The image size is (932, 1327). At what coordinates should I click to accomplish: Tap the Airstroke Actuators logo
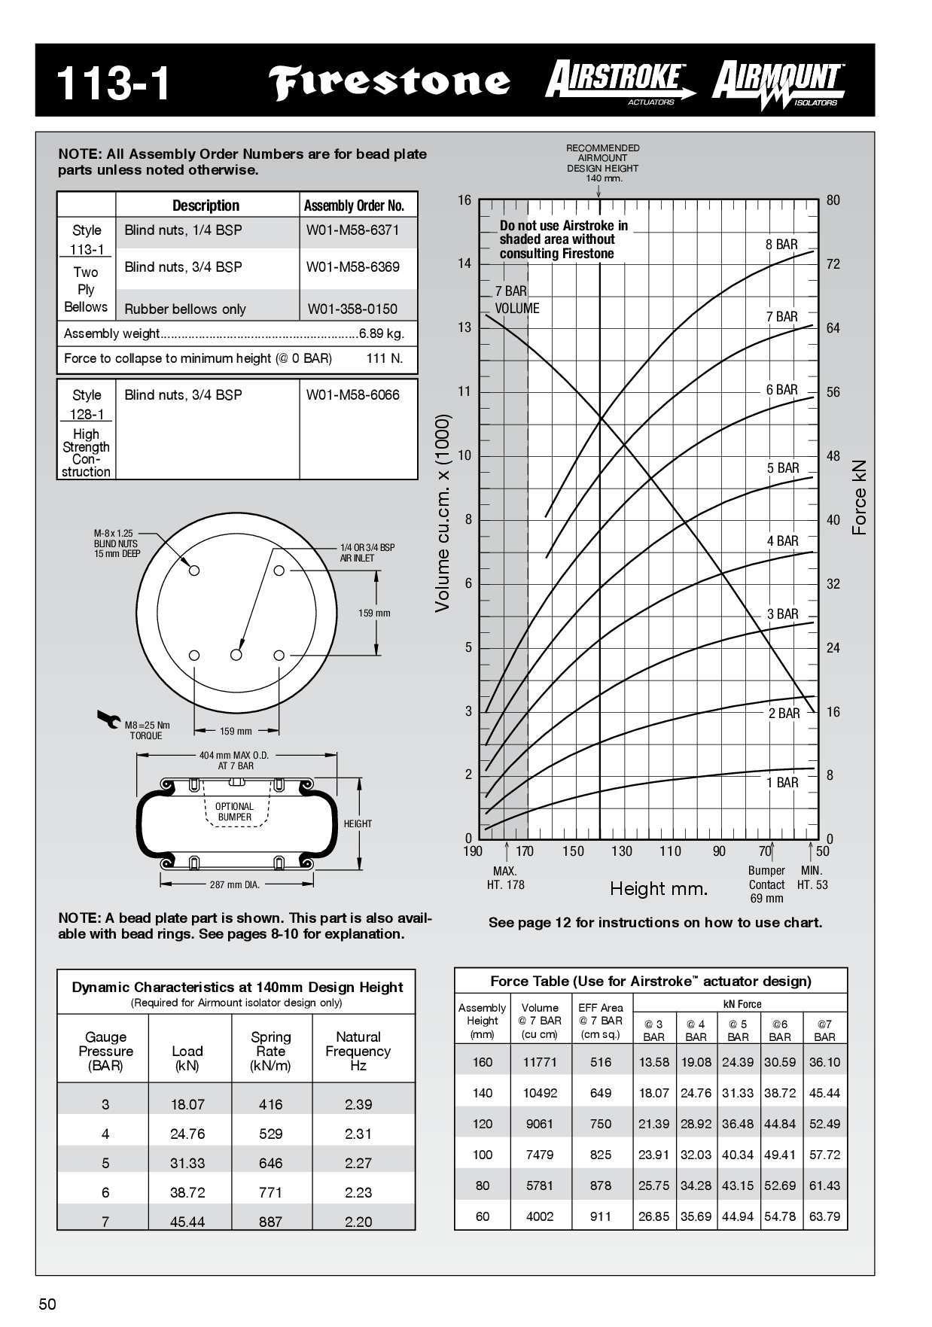click(x=620, y=81)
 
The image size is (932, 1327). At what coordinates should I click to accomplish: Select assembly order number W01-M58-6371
click(x=352, y=230)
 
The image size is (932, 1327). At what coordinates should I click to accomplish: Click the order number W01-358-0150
click(x=352, y=309)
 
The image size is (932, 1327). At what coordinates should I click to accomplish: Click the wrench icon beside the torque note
click(x=108, y=718)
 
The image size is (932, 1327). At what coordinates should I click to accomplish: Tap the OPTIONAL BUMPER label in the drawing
click(x=234, y=811)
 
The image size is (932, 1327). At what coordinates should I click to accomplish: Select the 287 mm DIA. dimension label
click(x=234, y=884)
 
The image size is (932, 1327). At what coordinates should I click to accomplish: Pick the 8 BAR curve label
click(x=781, y=245)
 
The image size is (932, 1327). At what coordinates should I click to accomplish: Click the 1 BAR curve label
click(x=782, y=783)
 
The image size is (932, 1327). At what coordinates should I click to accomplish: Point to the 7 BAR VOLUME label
click(x=516, y=300)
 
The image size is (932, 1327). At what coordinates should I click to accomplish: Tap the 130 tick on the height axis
click(x=621, y=851)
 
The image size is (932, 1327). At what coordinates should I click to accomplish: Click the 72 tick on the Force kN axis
click(x=833, y=264)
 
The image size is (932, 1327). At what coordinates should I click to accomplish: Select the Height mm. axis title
click(x=659, y=889)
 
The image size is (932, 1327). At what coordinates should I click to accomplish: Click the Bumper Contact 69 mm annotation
click(x=766, y=884)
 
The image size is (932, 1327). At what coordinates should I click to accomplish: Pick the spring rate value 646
click(x=270, y=1163)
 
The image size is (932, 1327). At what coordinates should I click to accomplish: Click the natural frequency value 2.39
click(x=358, y=1104)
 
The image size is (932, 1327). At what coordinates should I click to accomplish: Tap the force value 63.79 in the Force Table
click(x=824, y=1216)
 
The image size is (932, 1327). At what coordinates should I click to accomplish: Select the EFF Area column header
click(x=600, y=1020)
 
